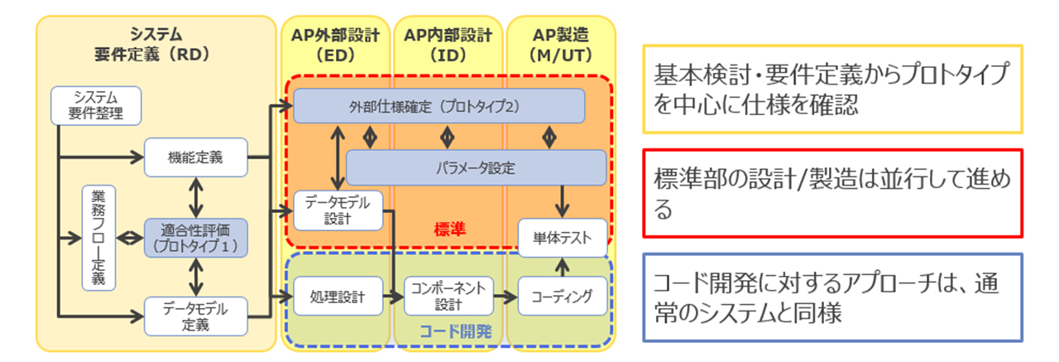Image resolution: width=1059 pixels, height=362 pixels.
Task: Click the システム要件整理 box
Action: pyautogui.click(x=94, y=105)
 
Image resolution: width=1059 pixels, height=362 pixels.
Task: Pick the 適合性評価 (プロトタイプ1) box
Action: pyautogui.click(x=195, y=238)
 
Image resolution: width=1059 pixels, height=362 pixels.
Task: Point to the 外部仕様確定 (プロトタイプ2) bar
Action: pyautogui.click(x=438, y=106)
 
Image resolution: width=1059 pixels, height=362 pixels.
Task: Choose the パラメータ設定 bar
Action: pyautogui.click(x=475, y=168)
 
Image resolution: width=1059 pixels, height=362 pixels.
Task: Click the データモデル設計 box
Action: pyautogui.click(x=338, y=210)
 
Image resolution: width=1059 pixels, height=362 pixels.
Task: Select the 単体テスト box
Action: pyautogui.click(x=563, y=238)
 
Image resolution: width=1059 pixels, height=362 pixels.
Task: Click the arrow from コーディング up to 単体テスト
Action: pyautogui.click(x=563, y=266)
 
